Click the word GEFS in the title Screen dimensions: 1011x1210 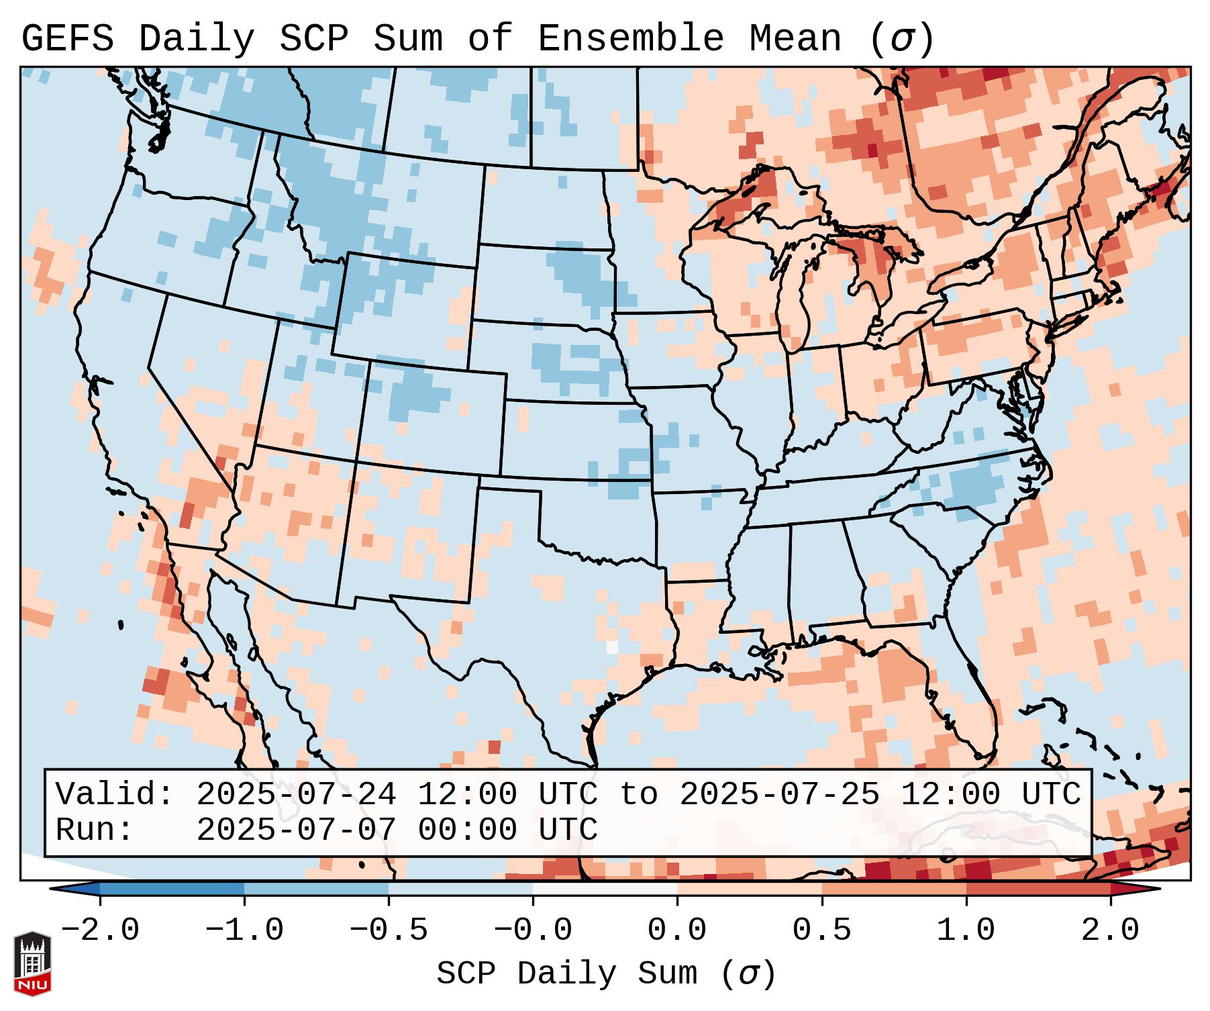(x=67, y=39)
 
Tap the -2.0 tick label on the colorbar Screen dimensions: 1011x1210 (x=100, y=930)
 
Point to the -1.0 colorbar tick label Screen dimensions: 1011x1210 (x=244, y=930)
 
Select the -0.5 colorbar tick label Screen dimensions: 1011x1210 (x=389, y=930)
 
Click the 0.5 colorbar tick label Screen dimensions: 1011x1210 (x=821, y=930)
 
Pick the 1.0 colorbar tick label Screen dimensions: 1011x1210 (x=966, y=930)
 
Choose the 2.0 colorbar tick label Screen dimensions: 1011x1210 (x=1110, y=930)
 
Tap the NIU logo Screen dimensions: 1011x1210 (x=32, y=963)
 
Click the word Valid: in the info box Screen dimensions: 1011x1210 (x=115, y=794)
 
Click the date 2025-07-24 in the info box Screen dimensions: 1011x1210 (x=296, y=794)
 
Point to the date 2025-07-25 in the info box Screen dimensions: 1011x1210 (x=779, y=794)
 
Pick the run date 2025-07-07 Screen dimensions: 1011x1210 (x=296, y=830)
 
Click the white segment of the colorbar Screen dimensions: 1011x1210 (x=605, y=889)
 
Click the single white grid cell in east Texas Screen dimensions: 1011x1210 (x=611, y=646)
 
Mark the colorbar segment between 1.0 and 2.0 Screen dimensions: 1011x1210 (x=1038, y=889)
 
